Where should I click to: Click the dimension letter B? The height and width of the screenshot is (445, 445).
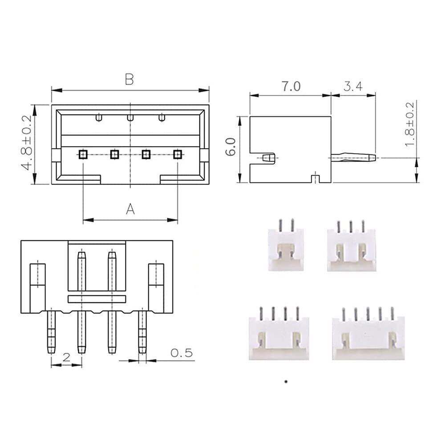(129, 80)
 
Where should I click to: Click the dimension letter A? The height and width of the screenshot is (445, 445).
(130, 209)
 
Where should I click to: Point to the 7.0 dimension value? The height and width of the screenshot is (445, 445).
(291, 86)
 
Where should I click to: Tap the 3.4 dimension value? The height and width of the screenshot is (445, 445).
(353, 86)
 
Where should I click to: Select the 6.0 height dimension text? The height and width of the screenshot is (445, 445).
(231, 147)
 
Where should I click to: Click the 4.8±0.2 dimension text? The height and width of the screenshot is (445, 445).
(28, 142)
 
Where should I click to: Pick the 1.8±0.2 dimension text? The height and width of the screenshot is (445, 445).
(409, 124)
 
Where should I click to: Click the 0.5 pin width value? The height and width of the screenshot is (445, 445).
(182, 353)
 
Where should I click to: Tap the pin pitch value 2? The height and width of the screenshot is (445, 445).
(66, 357)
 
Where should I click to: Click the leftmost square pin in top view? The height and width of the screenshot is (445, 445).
(83, 154)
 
